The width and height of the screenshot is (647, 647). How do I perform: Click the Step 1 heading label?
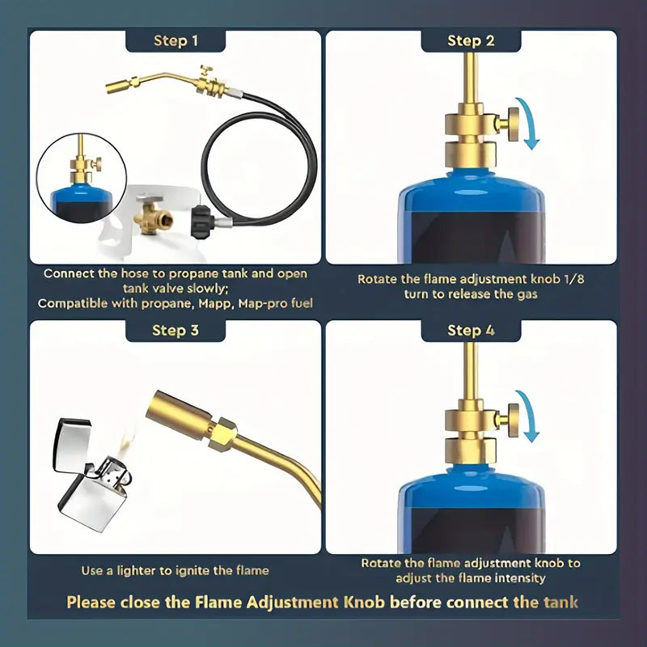[175, 41]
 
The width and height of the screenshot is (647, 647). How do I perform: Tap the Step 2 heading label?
[471, 41]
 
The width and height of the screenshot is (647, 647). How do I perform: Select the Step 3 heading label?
[175, 331]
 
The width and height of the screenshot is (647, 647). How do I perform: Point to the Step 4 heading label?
[471, 331]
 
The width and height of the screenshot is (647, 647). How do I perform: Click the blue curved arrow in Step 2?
[531, 122]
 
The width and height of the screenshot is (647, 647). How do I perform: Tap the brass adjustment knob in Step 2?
[513, 124]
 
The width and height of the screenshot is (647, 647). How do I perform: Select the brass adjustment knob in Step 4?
[513, 419]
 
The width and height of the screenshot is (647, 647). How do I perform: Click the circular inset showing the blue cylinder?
[82, 178]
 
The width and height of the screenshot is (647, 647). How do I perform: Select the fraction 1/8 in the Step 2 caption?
[573, 279]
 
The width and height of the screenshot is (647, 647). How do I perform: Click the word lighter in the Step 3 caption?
[136, 571]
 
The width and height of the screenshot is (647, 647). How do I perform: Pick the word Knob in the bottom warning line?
[365, 602]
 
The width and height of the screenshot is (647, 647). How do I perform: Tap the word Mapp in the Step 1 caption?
[214, 304]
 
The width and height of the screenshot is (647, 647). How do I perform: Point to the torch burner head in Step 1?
[116, 86]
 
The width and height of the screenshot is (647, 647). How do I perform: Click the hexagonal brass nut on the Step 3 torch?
[222, 434]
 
